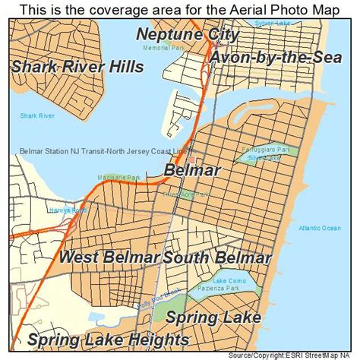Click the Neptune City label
[188, 35]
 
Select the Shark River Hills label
[77, 67]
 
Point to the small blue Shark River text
[36, 116]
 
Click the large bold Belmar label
[193, 170]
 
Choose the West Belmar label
[109, 257]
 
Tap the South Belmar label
[216, 257]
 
